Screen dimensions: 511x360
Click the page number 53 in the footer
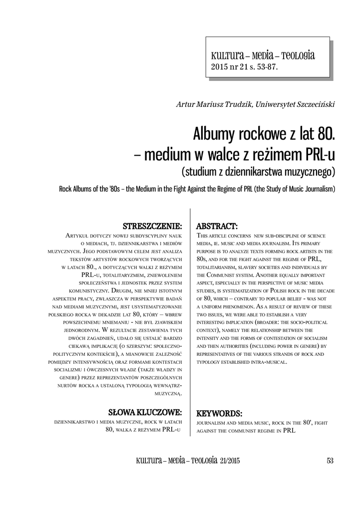point(330,460)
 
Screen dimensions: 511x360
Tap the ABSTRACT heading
point(217,225)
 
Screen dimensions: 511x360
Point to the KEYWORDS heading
point(219,413)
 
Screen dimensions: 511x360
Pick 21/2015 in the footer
point(229,460)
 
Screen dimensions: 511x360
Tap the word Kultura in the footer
point(147,460)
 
